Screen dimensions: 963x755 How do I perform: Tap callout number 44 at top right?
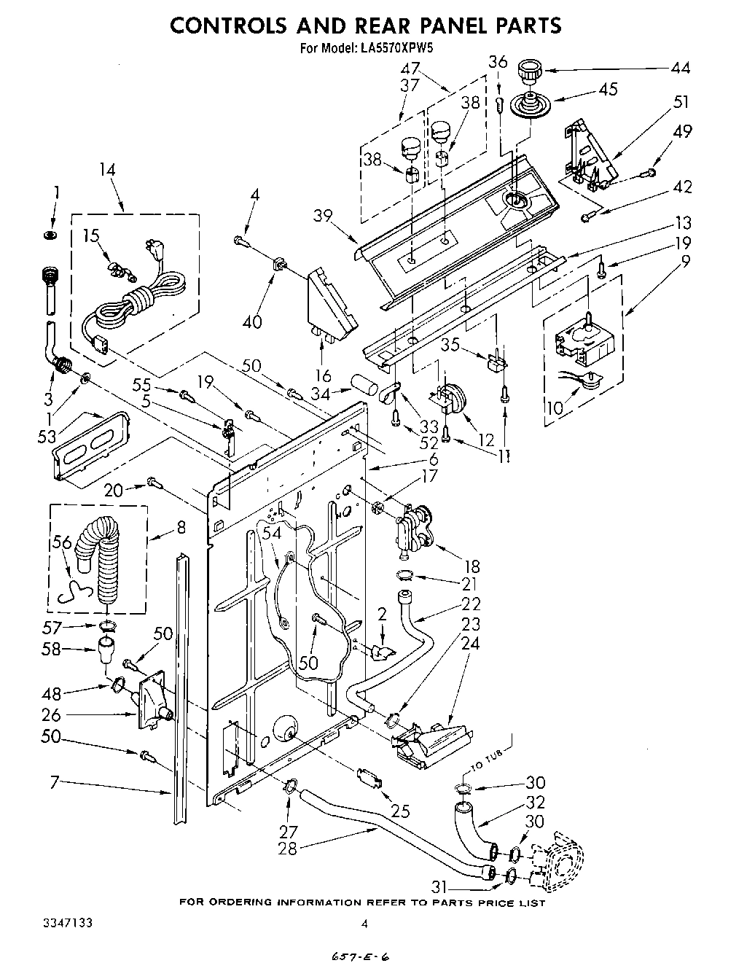tap(681, 68)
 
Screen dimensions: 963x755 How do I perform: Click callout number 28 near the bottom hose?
tap(288, 849)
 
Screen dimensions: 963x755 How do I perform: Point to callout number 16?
tap(323, 375)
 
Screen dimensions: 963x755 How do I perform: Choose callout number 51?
tap(681, 101)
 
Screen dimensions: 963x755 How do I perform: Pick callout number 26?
tap(51, 715)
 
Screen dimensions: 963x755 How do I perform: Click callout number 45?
tap(608, 89)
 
